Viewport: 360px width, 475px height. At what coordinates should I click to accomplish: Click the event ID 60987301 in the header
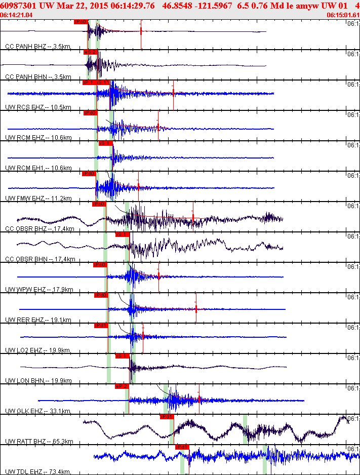(x=17, y=5)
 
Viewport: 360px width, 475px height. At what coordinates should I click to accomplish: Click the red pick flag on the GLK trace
(x=122, y=386)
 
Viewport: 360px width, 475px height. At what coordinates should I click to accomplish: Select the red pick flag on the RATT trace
(x=167, y=417)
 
